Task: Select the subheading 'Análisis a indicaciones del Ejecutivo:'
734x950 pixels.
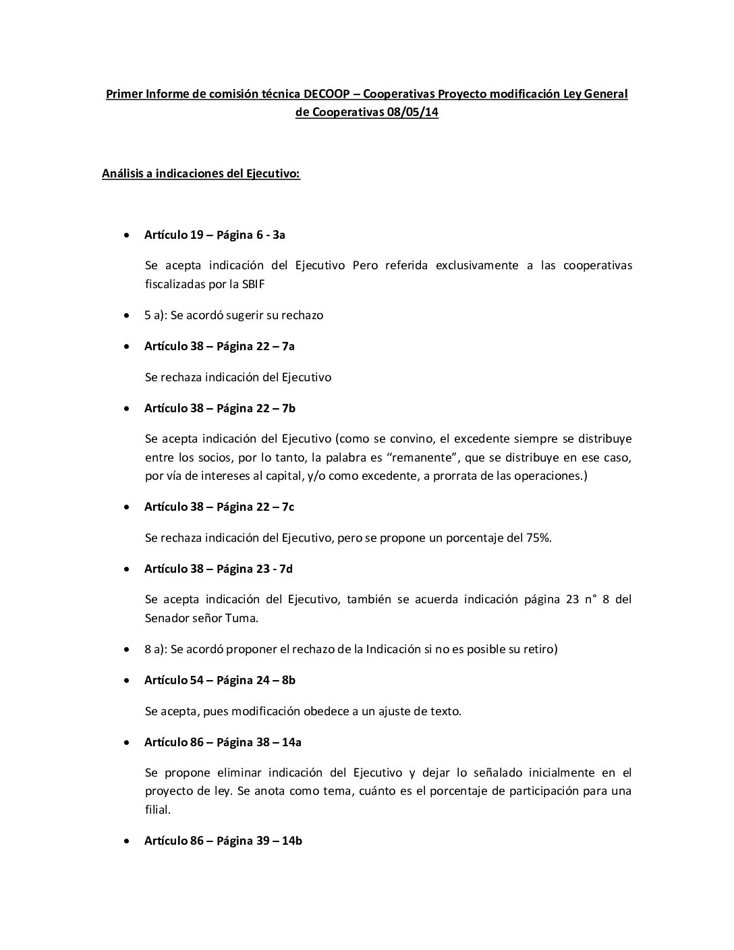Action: pos(201,174)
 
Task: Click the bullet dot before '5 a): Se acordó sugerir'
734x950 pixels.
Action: pos(128,315)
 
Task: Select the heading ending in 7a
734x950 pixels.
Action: pos(219,346)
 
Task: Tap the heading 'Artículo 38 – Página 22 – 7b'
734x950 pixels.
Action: pos(220,408)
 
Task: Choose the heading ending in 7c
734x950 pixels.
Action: pos(219,507)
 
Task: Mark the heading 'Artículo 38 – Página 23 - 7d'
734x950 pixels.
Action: pos(219,569)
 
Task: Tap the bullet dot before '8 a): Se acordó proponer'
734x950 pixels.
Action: pos(128,649)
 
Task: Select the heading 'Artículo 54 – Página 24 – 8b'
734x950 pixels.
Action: pos(220,680)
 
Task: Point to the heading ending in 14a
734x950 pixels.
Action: pos(223,742)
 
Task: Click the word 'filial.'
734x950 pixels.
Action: pos(158,810)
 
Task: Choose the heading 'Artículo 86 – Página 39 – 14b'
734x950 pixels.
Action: pos(223,841)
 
